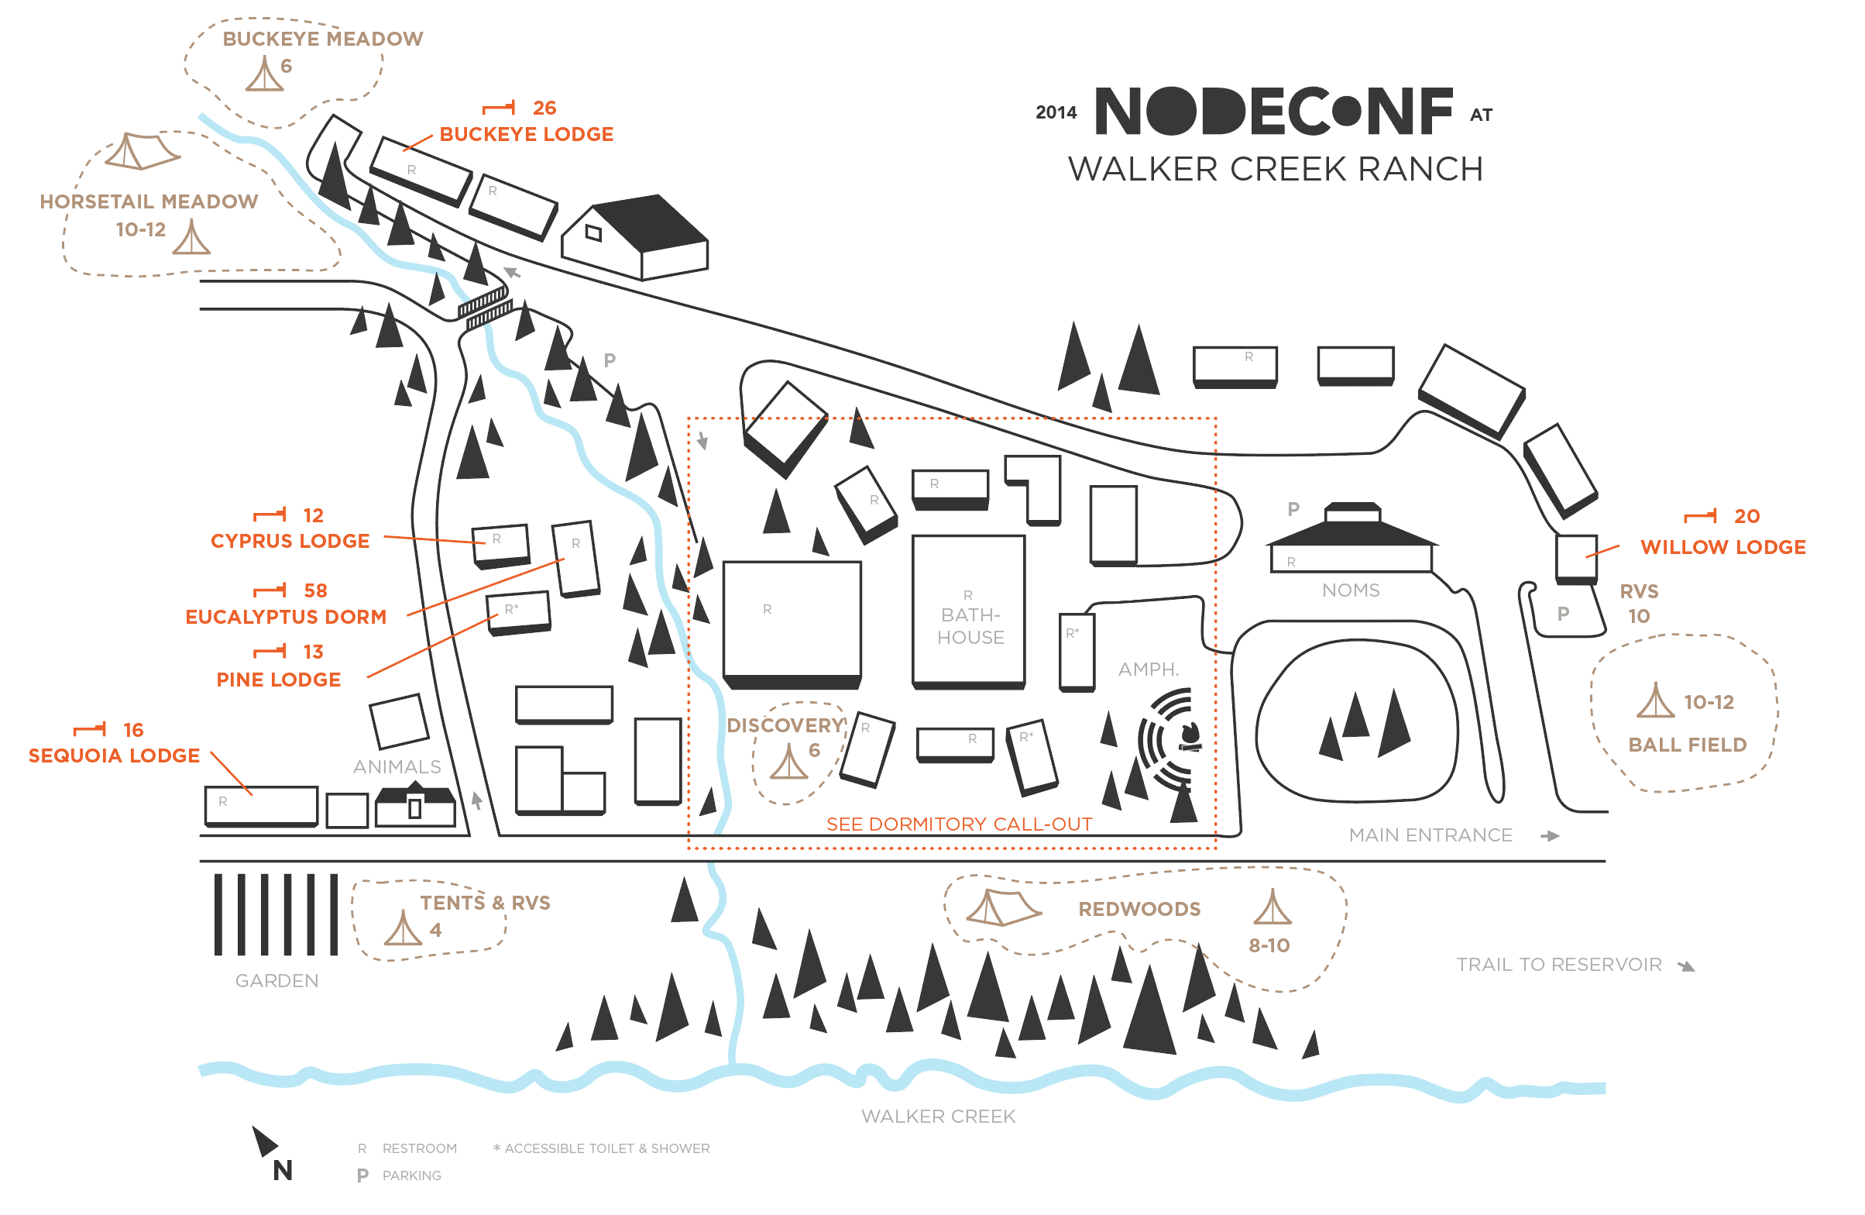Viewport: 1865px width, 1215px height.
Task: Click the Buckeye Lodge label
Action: pyautogui.click(x=526, y=134)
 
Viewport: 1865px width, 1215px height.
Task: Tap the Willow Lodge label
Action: pyautogui.click(x=1722, y=547)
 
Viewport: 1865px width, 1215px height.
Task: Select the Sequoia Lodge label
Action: pyautogui.click(x=115, y=756)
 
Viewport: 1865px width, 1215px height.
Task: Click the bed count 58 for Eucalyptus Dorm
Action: pyautogui.click(x=316, y=590)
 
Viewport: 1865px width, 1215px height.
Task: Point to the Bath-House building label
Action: pyautogui.click(x=970, y=626)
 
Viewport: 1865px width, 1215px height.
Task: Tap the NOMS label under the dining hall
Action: pyautogui.click(x=1350, y=590)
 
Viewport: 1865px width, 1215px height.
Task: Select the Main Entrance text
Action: pyautogui.click(x=1430, y=835)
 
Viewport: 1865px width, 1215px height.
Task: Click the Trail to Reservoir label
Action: pyautogui.click(x=1558, y=965)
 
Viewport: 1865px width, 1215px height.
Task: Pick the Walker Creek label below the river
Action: pyautogui.click(x=938, y=1117)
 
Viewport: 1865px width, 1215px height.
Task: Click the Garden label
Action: pyautogui.click(x=276, y=981)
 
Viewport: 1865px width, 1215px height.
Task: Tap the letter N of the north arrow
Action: pyautogui.click(x=283, y=1170)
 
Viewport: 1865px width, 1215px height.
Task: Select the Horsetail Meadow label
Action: pyautogui.click(x=149, y=202)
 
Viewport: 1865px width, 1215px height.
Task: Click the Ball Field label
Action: pyautogui.click(x=1687, y=745)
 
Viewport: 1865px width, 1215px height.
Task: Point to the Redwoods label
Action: pyautogui.click(x=1139, y=909)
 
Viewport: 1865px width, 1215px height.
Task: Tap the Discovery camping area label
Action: pyautogui.click(x=786, y=725)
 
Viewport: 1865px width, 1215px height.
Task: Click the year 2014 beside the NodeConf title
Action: pyautogui.click(x=1056, y=113)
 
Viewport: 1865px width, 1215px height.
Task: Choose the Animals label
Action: pyautogui.click(x=397, y=766)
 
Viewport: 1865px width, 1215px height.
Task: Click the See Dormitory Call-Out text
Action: pyautogui.click(x=959, y=824)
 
